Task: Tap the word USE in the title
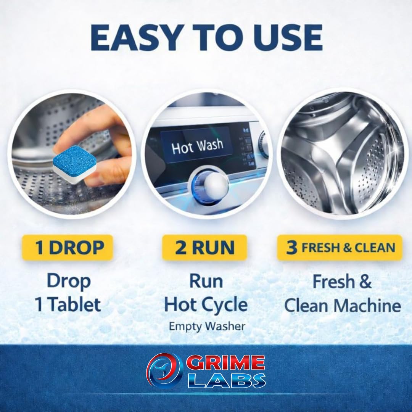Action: point(283,38)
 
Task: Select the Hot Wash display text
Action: point(197,146)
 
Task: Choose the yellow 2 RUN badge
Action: point(204,248)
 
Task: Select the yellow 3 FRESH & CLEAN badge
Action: point(340,248)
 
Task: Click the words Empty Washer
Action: point(207,326)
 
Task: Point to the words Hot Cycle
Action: point(206,305)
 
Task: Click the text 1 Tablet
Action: point(68,305)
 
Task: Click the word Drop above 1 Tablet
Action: point(69,282)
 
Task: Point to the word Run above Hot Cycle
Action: point(206,282)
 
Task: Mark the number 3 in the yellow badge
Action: point(292,248)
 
